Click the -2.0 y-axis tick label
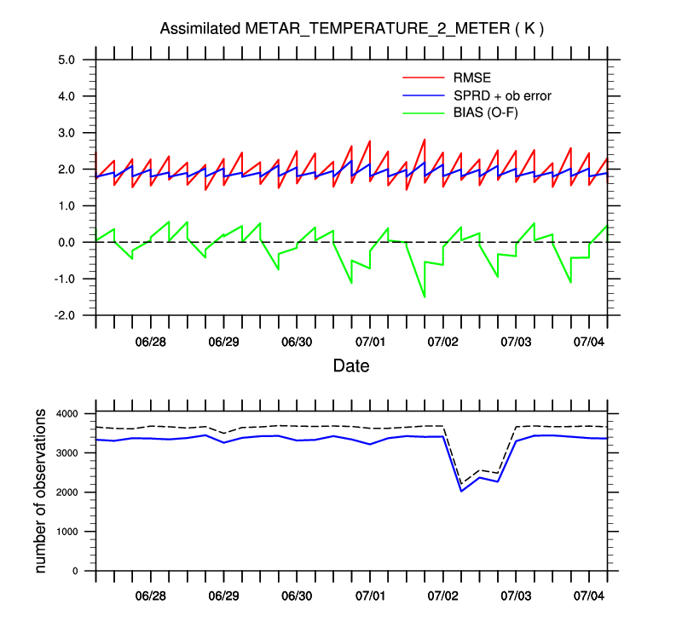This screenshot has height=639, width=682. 66,315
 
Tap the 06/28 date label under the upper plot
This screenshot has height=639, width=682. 150,343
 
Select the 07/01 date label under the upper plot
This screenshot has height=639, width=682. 369,343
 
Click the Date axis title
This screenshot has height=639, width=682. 350,367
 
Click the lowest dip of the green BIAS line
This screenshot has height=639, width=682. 425,297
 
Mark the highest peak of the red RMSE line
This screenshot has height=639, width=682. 425,139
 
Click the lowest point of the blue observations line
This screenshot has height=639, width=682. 461,491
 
